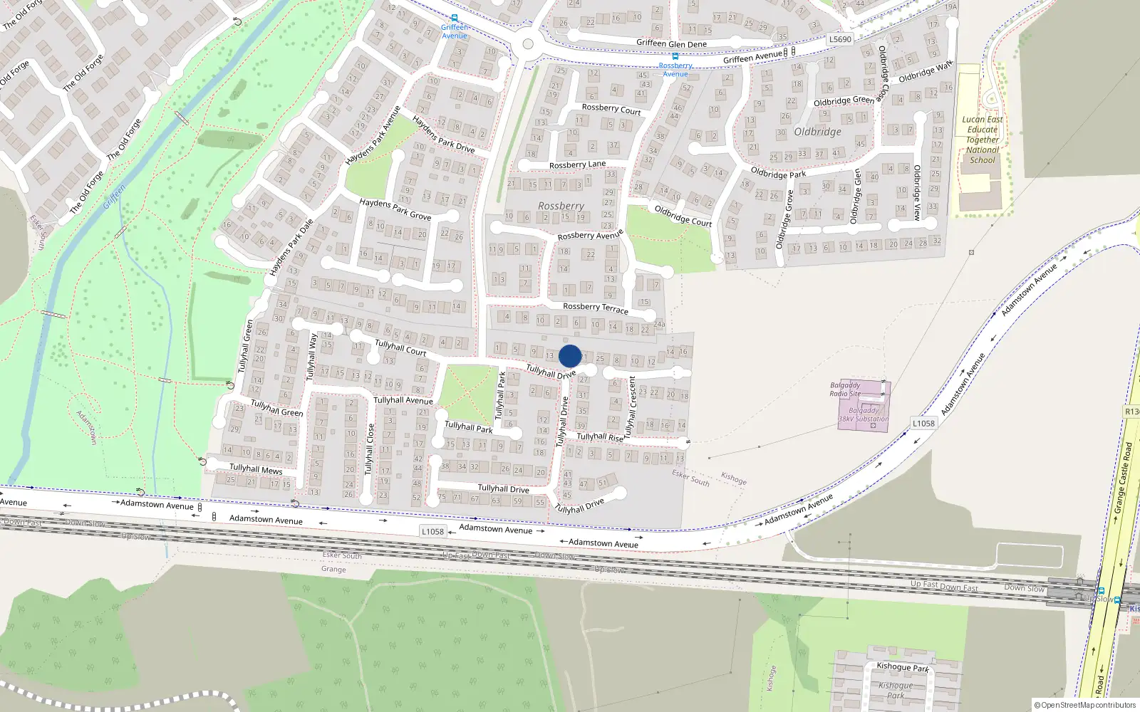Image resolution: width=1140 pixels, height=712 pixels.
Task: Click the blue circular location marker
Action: coord(570,356)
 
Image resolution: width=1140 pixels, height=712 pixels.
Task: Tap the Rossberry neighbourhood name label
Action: coord(561,206)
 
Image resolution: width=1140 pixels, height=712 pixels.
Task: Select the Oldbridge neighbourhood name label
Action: coord(817,132)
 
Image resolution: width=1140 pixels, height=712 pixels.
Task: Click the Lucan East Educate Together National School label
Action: coord(982,140)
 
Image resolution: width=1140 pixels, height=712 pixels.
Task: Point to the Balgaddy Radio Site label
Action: coord(845,389)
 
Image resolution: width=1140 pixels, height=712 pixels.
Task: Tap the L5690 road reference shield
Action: coord(840,39)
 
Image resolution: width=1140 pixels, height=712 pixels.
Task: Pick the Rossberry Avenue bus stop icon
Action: coord(675,56)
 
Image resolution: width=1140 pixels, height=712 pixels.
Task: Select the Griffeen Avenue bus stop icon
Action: coord(454,19)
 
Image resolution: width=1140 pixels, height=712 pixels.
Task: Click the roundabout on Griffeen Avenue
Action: coord(528,44)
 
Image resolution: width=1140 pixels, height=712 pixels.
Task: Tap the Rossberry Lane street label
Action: coord(577,164)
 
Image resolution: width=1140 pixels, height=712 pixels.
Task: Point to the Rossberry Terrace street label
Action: coord(596,308)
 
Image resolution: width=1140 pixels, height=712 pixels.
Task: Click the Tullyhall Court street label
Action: coord(400,347)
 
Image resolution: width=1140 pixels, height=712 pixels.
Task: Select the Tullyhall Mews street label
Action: coord(256,469)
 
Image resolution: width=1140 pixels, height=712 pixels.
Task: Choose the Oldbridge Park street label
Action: coord(778,173)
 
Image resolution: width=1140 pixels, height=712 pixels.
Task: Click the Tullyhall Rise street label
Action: coord(599,437)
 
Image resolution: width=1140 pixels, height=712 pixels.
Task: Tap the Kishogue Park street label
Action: coord(903,667)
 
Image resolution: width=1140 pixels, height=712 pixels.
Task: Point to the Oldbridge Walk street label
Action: coord(925,72)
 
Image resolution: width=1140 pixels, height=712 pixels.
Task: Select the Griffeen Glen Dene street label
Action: coord(671,43)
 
